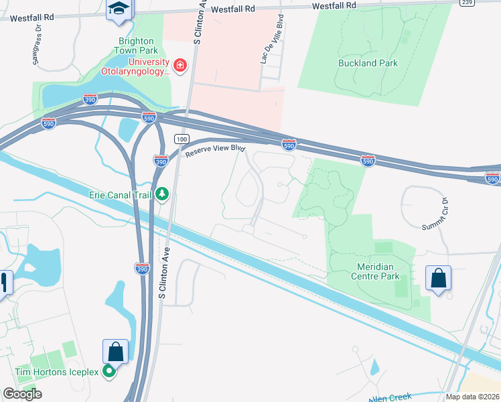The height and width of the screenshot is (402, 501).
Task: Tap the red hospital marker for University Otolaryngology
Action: (180, 65)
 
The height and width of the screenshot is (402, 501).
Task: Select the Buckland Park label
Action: (368, 64)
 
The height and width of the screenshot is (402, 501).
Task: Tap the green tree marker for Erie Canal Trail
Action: (161, 194)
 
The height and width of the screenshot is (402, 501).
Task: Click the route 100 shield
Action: (181, 139)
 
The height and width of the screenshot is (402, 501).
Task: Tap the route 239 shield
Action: (467, 3)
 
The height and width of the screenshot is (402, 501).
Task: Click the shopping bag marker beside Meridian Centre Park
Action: (438, 278)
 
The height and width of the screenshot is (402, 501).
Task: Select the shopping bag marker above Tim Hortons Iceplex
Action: (115, 352)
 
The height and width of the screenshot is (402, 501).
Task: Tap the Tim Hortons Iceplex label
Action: (57, 372)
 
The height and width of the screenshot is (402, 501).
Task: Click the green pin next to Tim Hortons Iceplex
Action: (109, 373)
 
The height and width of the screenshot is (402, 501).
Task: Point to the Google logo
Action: (23, 394)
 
